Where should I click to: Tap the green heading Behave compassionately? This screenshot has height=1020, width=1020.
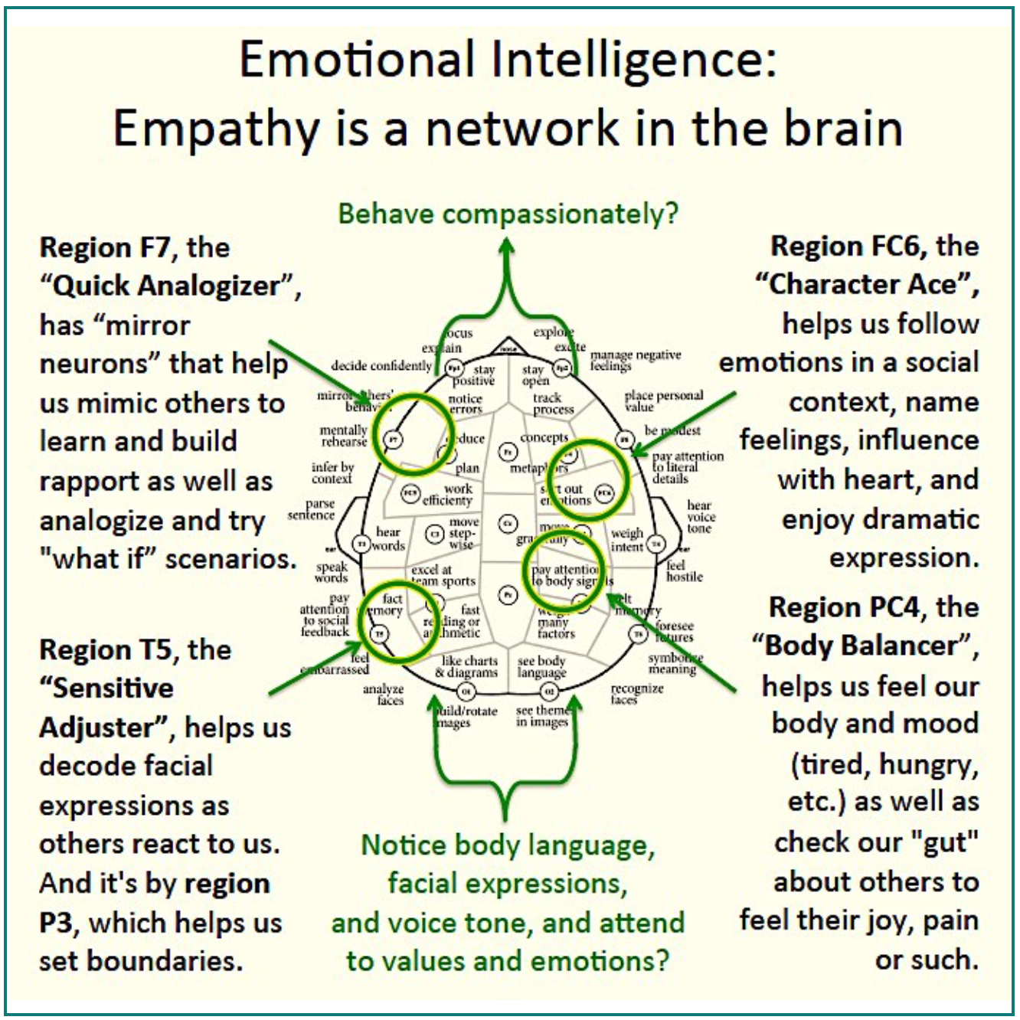[508, 214]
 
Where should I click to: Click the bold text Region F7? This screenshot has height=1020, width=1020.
[96, 247]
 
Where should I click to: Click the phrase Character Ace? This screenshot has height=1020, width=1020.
[863, 284]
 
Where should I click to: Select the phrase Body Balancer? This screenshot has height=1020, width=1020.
[861, 646]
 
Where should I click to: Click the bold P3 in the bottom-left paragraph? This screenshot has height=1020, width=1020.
[57, 923]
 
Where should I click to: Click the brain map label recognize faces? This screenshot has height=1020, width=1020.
[636, 694]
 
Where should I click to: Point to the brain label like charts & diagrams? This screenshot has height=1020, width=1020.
[469, 666]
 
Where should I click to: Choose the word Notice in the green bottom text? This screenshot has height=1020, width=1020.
[403, 845]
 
